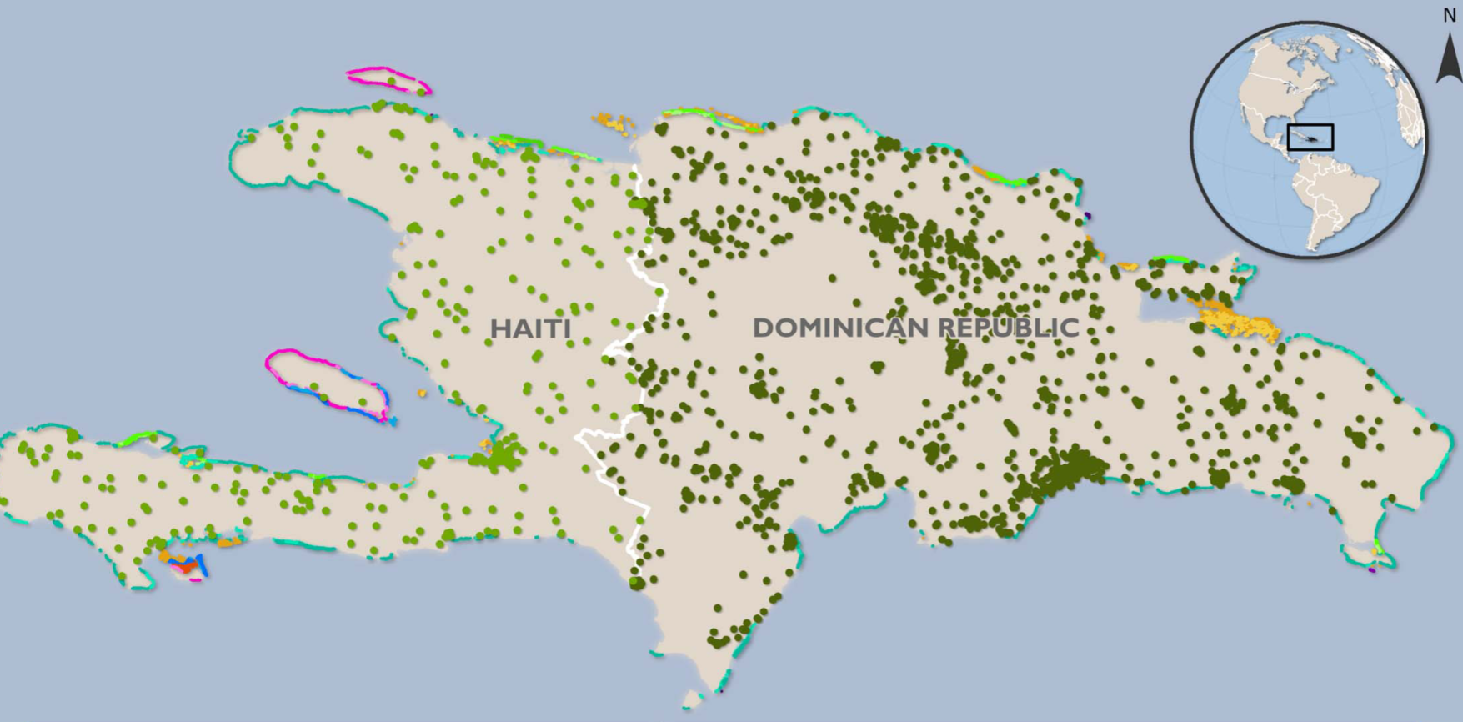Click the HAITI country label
(x=530, y=328)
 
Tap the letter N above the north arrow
(x=1449, y=16)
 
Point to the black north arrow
(x=1449, y=58)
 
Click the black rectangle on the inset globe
(x=1310, y=138)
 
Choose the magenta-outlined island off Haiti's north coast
(x=388, y=80)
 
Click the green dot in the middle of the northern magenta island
(x=391, y=80)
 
